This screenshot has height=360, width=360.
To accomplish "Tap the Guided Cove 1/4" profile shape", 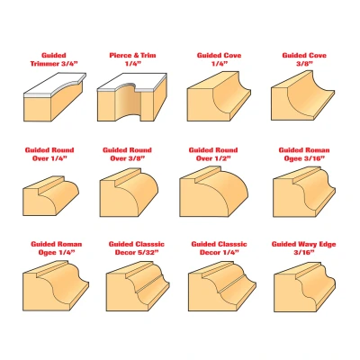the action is coord(219,96).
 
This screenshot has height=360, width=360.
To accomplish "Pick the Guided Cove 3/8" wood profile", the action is coord(302,95).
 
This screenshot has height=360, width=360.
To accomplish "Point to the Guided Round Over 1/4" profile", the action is coord(51,195).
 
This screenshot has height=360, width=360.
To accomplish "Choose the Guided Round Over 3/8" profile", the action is coord(129,193).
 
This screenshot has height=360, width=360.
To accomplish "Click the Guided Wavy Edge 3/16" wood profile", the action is coord(305,287).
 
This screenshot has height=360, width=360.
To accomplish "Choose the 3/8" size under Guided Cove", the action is coord(303,64).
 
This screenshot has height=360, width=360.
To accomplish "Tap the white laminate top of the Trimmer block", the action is coord(55,85).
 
